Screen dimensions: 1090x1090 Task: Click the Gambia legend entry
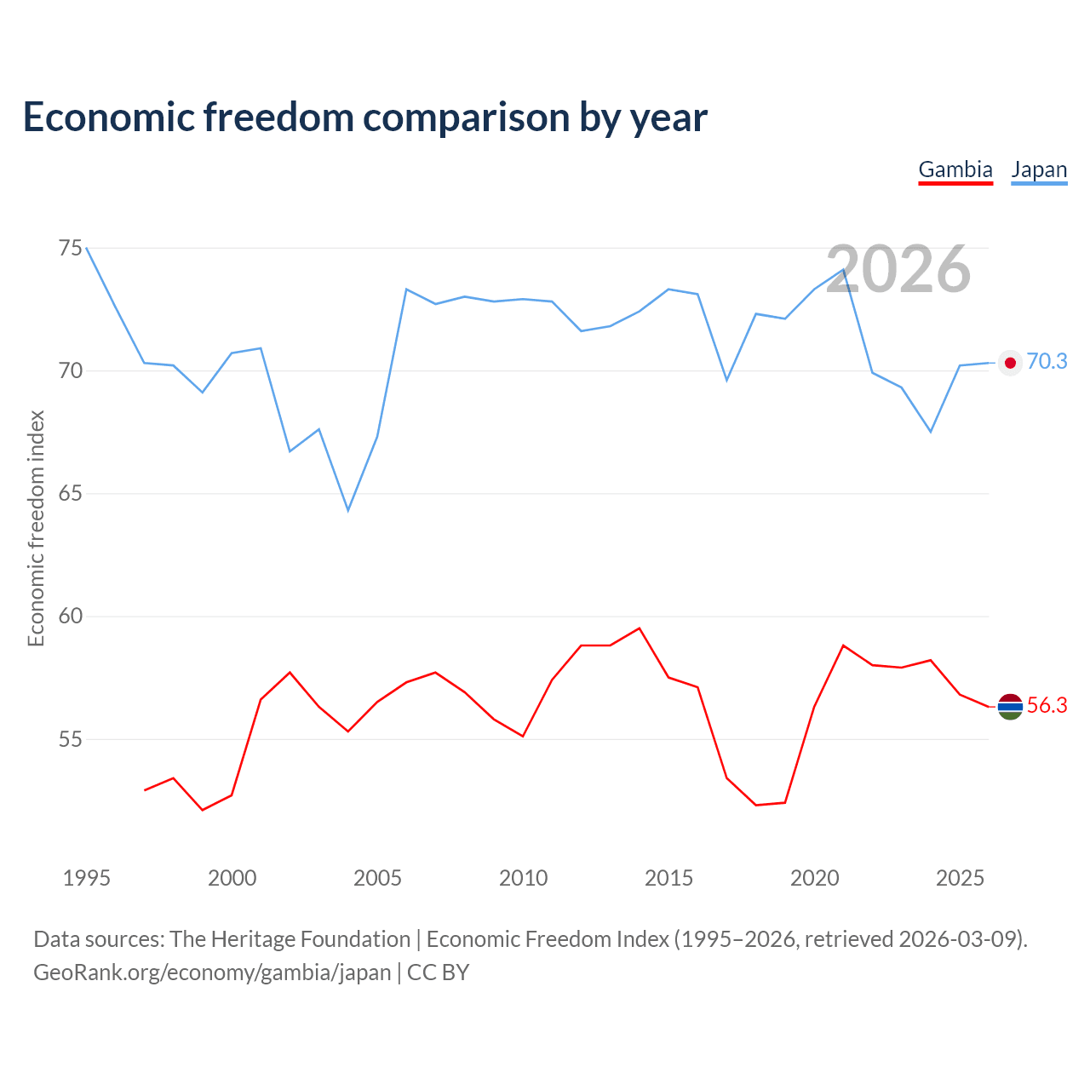[x=955, y=169]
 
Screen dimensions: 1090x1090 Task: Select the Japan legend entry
[x=1039, y=169]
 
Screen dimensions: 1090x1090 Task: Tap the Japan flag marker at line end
[x=1010, y=363]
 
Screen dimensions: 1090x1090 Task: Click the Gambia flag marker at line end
[x=1010, y=706]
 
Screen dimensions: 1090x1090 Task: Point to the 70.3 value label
[x=1047, y=362]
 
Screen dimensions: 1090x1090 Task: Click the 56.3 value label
[x=1047, y=706]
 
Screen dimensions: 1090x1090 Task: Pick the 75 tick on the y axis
[x=71, y=249]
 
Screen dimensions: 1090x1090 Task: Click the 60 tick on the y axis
[x=71, y=617]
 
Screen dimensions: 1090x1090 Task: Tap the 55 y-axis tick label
[x=71, y=739]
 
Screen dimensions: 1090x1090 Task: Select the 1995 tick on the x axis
[x=87, y=878]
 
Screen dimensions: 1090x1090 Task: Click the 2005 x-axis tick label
[x=377, y=878]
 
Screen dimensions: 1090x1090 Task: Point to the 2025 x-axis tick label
[x=960, y=878]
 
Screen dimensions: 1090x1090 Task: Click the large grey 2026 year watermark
[x=898, y=269]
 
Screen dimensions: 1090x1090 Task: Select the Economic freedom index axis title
[x=36, y=528]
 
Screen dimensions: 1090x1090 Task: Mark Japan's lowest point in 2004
[x=347, y=510]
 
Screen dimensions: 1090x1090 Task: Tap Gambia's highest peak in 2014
[x=639, y=628]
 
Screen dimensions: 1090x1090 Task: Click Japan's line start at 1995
[x=87, y=248]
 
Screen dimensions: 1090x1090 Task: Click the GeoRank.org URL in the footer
[x=212, y=972]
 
